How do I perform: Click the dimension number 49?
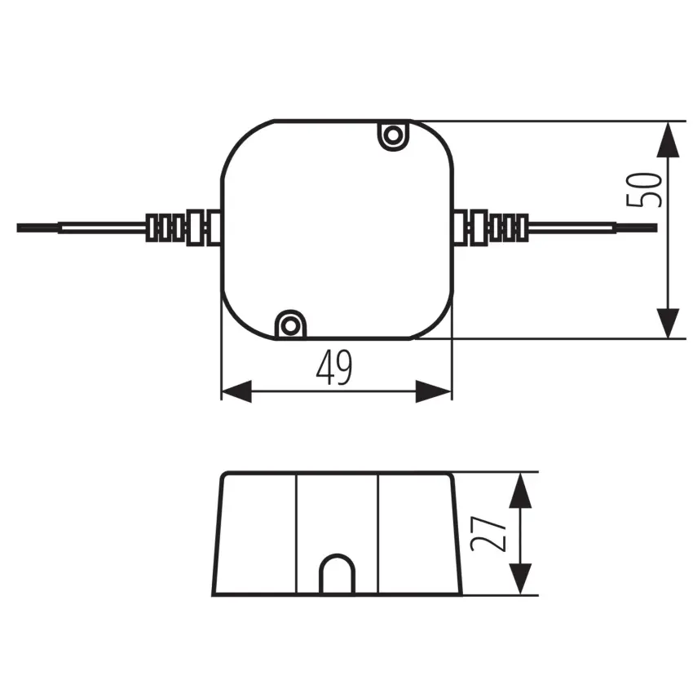pos(334,367)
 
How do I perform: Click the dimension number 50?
pos(644,189)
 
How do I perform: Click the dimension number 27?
pos(488,534)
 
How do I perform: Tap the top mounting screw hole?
pos(393,135)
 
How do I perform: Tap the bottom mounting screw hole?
pos(290,327)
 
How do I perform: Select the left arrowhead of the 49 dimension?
pos(236,391)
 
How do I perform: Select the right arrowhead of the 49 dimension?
pos(434,391)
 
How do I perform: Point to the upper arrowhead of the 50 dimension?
pos(668,139)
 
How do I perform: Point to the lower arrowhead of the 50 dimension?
pos(668,324)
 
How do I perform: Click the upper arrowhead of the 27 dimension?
pos(520,490)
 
